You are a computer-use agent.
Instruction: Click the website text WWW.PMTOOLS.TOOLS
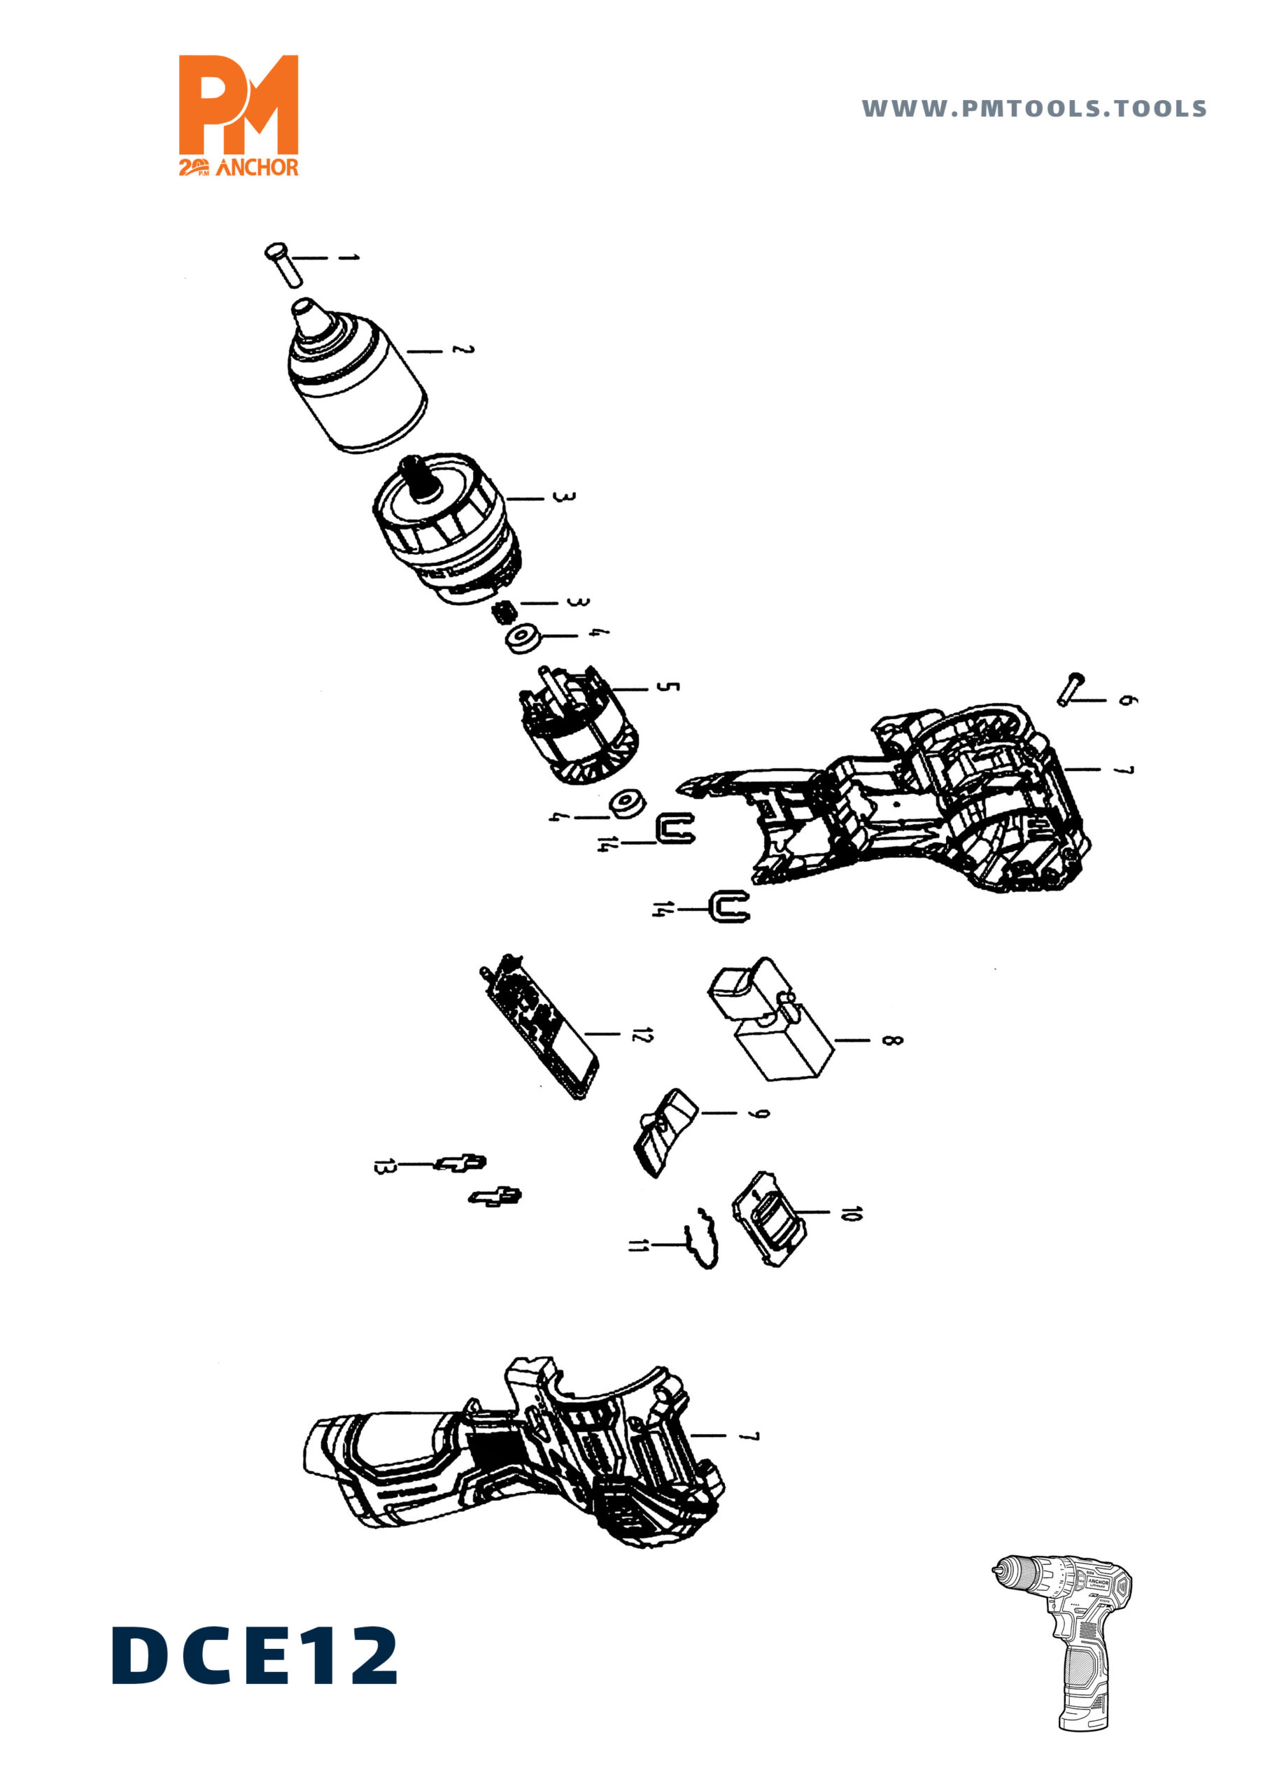[1033, 108]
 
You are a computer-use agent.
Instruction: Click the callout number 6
[1127, 699]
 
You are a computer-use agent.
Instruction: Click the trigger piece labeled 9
[663, 1131]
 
